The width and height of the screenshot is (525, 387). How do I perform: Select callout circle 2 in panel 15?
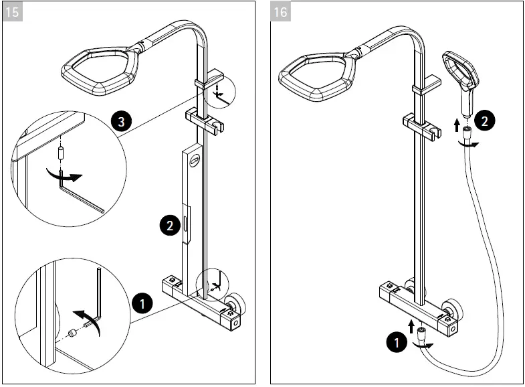click(169, 225)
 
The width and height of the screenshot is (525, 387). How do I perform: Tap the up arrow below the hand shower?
click(456, 124)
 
